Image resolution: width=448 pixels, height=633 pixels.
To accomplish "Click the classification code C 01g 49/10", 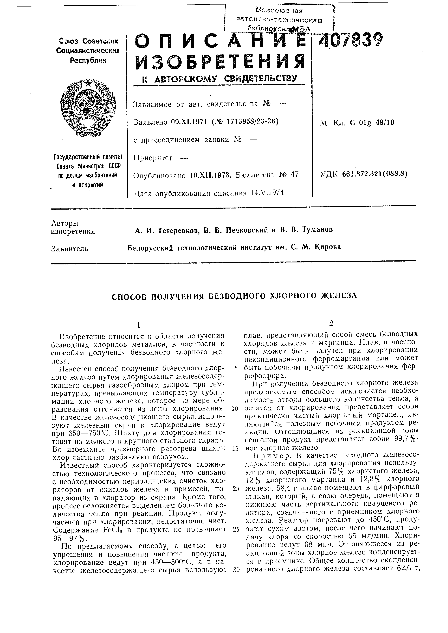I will point(372,122).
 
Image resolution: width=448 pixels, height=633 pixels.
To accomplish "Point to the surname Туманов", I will point(317,229).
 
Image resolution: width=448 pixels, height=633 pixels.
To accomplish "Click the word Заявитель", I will point(70,249).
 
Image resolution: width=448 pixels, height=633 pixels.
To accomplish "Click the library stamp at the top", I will point(279,19).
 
